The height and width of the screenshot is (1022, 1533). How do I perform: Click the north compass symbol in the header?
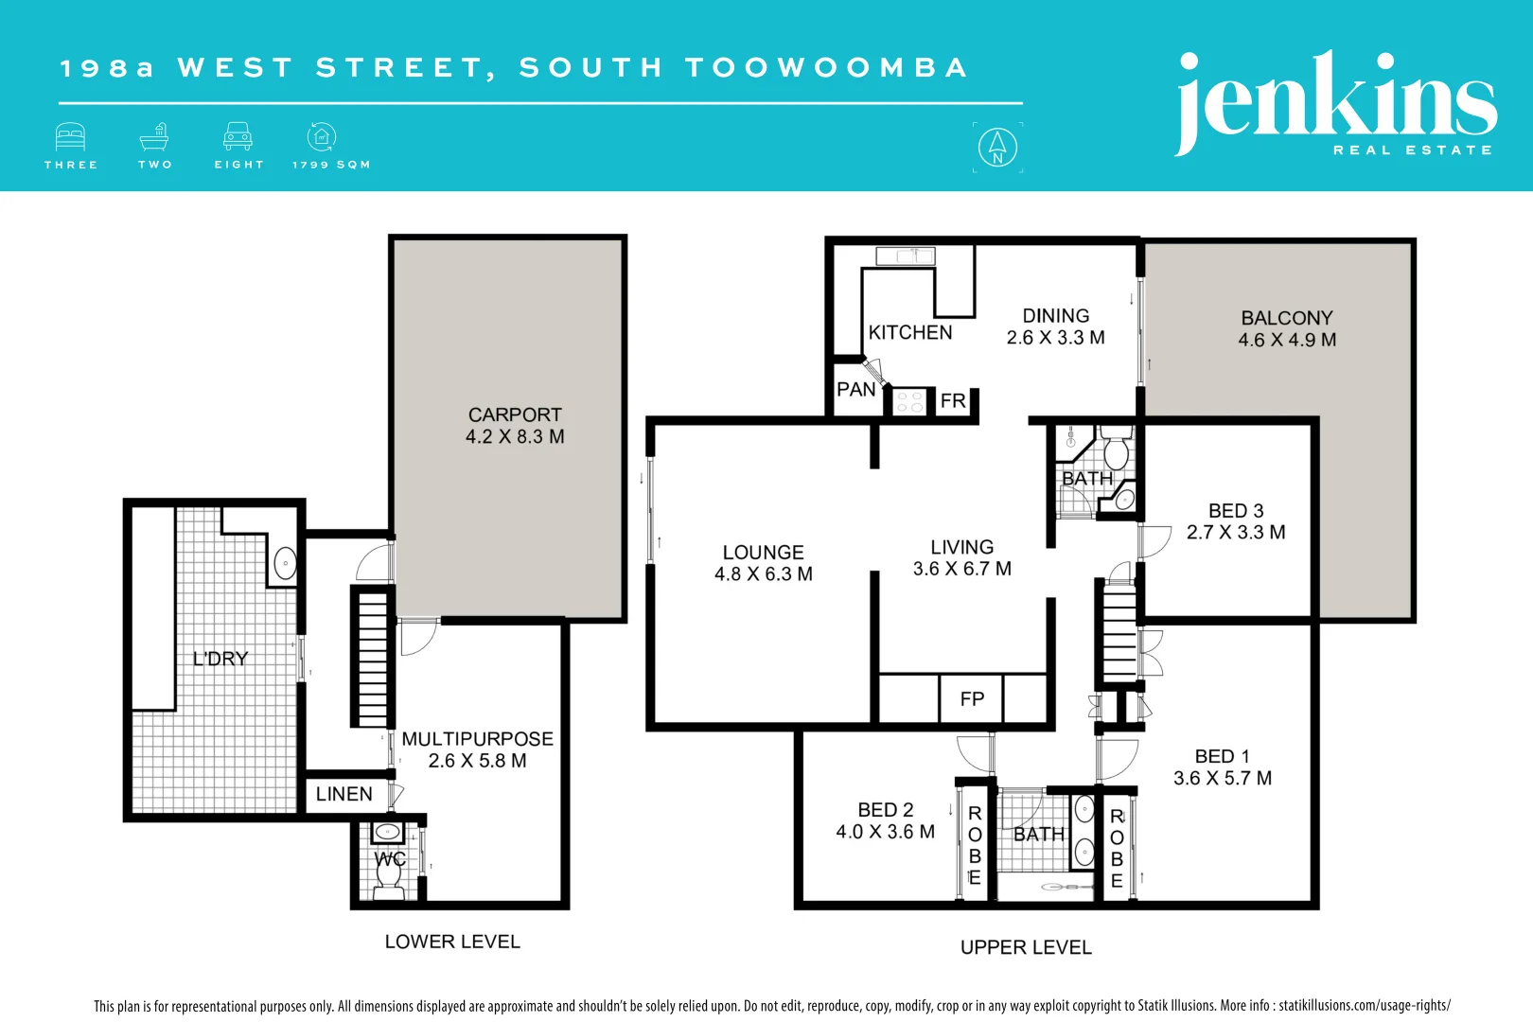click(997, 147)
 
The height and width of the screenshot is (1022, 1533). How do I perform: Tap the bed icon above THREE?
click(70, 137)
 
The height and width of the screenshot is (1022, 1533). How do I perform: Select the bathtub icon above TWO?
click(154, 137)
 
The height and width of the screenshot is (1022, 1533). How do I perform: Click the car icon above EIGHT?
click(238, 137)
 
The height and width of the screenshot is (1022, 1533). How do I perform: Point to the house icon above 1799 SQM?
click(322, 137)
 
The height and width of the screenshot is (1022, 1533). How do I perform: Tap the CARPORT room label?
click(515, 414)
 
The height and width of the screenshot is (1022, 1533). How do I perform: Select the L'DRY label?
click(220, 659)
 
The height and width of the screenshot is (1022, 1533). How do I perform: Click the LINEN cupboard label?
click(344, 794)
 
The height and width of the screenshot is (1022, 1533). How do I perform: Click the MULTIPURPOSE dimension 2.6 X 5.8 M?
click(477, 761)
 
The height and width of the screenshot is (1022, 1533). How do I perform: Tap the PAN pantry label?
click(856, 389)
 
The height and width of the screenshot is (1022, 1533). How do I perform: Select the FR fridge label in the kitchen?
click(953, 401)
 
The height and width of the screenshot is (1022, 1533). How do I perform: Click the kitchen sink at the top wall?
click(906, 255)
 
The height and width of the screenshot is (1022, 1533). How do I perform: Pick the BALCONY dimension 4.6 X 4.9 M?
click(1287, 340)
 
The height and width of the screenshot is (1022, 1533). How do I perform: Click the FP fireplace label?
click(972, 699)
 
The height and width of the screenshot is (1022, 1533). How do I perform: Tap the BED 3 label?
click(1236, 511)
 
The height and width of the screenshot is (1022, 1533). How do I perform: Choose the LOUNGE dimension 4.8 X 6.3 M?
click(764, 574)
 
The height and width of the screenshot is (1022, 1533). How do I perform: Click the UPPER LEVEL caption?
click(1026, 947)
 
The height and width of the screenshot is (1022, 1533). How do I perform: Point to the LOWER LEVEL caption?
click(452, 942)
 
